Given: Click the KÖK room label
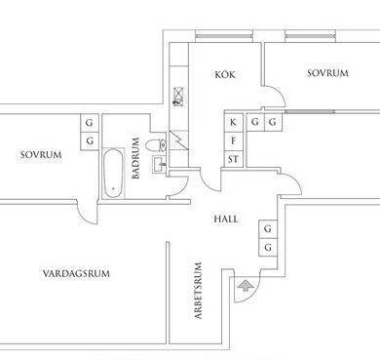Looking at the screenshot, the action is [225, 74].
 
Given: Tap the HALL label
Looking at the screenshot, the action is [226, 219].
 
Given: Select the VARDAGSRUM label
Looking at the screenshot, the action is [76, 273].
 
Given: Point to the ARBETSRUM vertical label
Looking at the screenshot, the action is [198, 291].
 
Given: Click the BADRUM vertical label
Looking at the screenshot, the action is [135, 158].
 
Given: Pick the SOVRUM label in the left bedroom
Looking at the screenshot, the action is [41, 154].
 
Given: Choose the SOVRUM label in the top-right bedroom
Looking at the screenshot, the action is [327, 73].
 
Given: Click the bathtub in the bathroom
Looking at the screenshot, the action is [113, 174].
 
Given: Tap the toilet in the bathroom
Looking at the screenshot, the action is [156, 145].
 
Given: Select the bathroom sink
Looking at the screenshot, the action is [159, 164].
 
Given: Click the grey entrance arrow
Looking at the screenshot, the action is [246, 285].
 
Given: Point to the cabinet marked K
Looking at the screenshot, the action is [233, 123].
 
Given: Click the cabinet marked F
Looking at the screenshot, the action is [233, 141].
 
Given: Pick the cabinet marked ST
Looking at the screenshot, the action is [233, 159].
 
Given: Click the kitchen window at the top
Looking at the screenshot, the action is [224, 36].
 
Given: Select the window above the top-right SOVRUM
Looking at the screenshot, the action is [310, 36].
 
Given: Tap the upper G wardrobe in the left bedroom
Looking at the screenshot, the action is [90, 123].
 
